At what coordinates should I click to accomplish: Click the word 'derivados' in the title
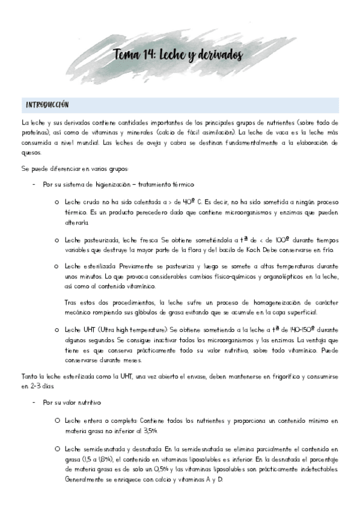pos(218,55)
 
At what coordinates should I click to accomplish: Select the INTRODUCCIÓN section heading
pos(47,105)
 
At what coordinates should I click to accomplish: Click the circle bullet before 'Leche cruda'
pos(55,203)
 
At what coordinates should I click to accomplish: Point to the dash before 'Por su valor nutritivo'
pos(34,402)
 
